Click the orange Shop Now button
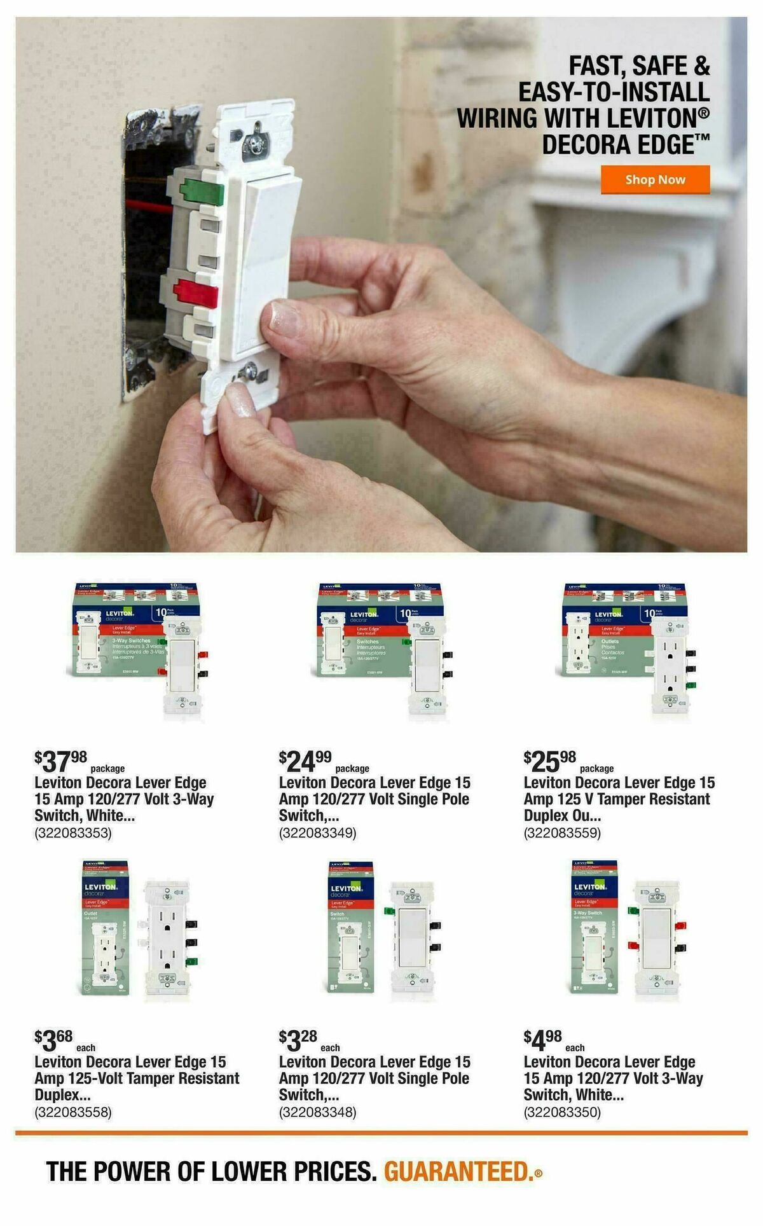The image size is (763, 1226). click(655, 179)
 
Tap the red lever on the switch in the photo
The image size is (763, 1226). click(195, 293)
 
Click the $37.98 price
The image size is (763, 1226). click(61, 759)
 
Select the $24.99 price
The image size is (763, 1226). click(305, 759)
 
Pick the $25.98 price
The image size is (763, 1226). click(550, 759)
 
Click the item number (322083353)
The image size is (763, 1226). click(73, 833)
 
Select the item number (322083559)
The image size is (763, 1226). click(562, 833)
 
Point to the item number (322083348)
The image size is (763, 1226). click(317, 1112)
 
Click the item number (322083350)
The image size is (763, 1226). click(562, 1112)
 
